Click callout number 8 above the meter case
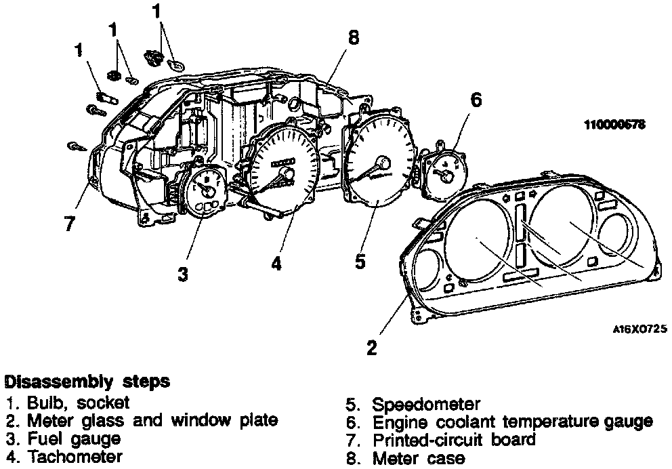point(353,37)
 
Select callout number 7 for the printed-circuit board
point(69,223)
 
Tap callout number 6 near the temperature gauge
point(476,100)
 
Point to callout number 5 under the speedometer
point(361,260)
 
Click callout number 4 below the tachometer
point(276,262)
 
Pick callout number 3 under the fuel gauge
point(183,273)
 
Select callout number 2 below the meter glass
point(371,348)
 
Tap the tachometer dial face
point(283,169)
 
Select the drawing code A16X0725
point(639,329)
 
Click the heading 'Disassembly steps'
point(86,382)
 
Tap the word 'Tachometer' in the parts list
point(75,457)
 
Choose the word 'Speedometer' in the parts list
point(426,405)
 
